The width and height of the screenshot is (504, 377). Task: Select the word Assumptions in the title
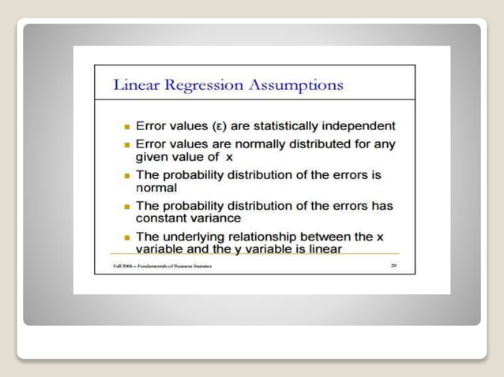(296, 85)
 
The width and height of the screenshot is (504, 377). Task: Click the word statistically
(281, 125)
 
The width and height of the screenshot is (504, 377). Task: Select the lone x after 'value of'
(230, 157)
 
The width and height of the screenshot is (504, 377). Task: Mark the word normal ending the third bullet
(156, 188)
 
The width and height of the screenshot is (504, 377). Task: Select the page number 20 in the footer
(393, 266)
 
